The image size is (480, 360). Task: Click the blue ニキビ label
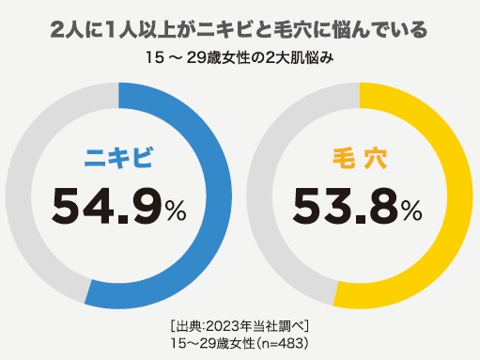120,159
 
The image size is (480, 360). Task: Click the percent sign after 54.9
177,212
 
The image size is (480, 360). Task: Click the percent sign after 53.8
413,212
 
